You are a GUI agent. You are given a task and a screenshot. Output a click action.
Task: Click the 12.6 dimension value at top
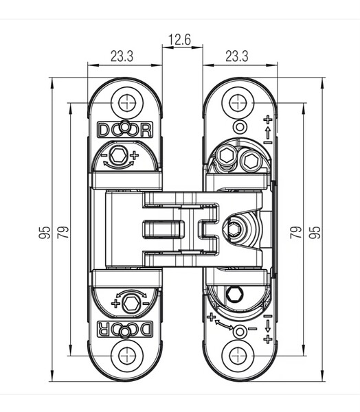(x=179, y=40)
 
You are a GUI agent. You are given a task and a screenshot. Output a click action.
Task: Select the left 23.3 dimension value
(x=122, y=56)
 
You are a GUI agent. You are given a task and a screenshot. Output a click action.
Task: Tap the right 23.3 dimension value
(x=236, y=56)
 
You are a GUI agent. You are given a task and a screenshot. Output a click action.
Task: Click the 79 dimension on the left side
(x=63, y=232)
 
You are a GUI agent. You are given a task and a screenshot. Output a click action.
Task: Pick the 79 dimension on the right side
(x=296, y=232)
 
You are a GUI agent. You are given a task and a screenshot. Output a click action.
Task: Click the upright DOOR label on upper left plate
(x=125, y=130)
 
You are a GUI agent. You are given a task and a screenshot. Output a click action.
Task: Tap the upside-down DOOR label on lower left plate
(x=125, y=329)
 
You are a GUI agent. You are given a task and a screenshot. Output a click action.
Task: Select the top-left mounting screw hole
(x=127, y=103)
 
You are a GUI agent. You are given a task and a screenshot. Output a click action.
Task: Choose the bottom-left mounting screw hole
(x=127, y=356)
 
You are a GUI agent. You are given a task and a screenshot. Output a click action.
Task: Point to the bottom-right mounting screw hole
(x=238, y=356)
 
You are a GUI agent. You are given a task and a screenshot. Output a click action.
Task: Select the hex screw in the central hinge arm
(x=233, y=229)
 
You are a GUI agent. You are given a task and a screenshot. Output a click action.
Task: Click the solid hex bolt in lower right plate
(x=235, y=295)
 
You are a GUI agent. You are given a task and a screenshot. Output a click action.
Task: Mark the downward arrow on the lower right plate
(x=268, y=326)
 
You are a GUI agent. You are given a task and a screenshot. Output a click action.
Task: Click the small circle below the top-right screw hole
(x=239, y=127)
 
